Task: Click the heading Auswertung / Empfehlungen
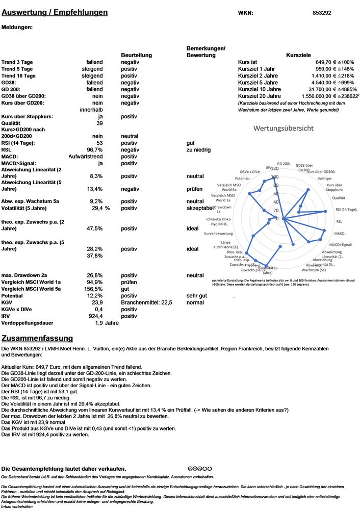(x=55, y=12)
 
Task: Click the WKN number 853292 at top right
(x=322, y=13)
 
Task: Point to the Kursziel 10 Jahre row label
(x=260, y=89)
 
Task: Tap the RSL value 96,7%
(x=94, y=150)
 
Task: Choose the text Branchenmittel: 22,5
(x=147, y=302)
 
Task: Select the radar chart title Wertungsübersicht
(x=283, y=128)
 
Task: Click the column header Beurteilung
(x=136, y=55)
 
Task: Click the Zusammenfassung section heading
(x=37, y=338)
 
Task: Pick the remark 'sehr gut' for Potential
(x=197, y=296)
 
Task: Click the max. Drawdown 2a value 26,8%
(x=94, y=275)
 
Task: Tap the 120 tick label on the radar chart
(x=275, y=168)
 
